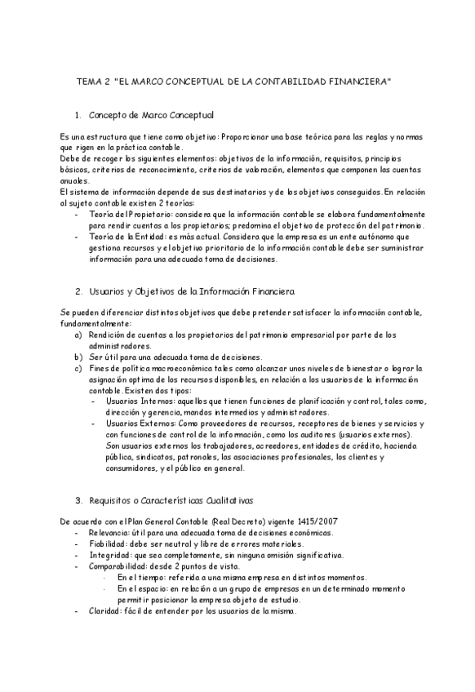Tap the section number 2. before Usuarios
pyautogui.click(x=78, y=291)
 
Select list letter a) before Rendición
pyautogui.click(x=78, y=335)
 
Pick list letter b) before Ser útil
pyautogui.click(x=78, y=357)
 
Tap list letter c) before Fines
pyautogui.click(x=78, y=368)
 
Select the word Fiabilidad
pyautogui.click(x=107, y=544)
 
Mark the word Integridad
pyautogui.click(x=108, y=556)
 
